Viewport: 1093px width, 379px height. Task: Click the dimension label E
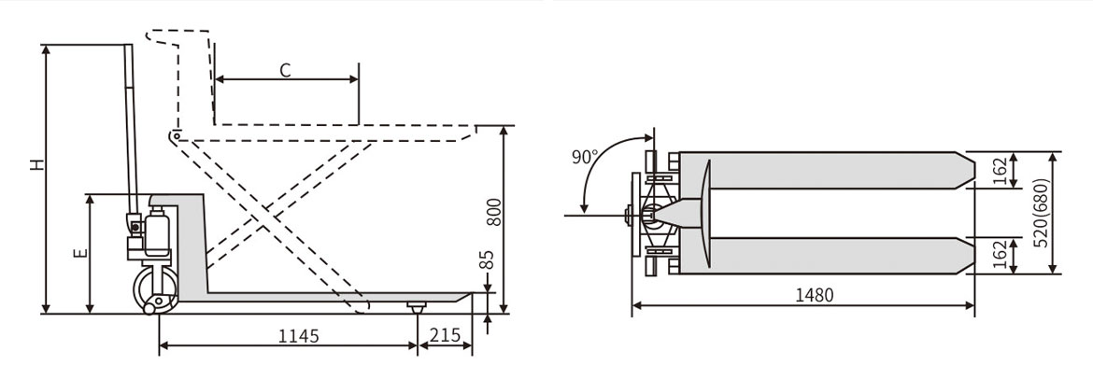coord(81,253)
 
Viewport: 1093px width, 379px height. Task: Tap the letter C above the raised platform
coord(285,70)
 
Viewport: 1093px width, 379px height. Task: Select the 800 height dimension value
coord(493,212)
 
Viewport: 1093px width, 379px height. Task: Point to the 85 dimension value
coord(488,260)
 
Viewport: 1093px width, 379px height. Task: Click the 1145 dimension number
coord(298,336)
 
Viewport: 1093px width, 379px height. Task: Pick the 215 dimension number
coord(445,336)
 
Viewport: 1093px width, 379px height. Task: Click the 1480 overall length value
coord(815,295)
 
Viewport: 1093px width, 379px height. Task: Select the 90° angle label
coord(584,157)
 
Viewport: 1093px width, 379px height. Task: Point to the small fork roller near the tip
coord(417,307)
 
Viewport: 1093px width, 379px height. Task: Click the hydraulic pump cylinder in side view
coord(158,231)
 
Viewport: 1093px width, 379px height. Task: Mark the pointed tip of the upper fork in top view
coord(973,170)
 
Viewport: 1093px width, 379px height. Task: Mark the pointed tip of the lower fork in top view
coord(973,256)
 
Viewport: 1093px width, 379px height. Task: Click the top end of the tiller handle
coord(128,47)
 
